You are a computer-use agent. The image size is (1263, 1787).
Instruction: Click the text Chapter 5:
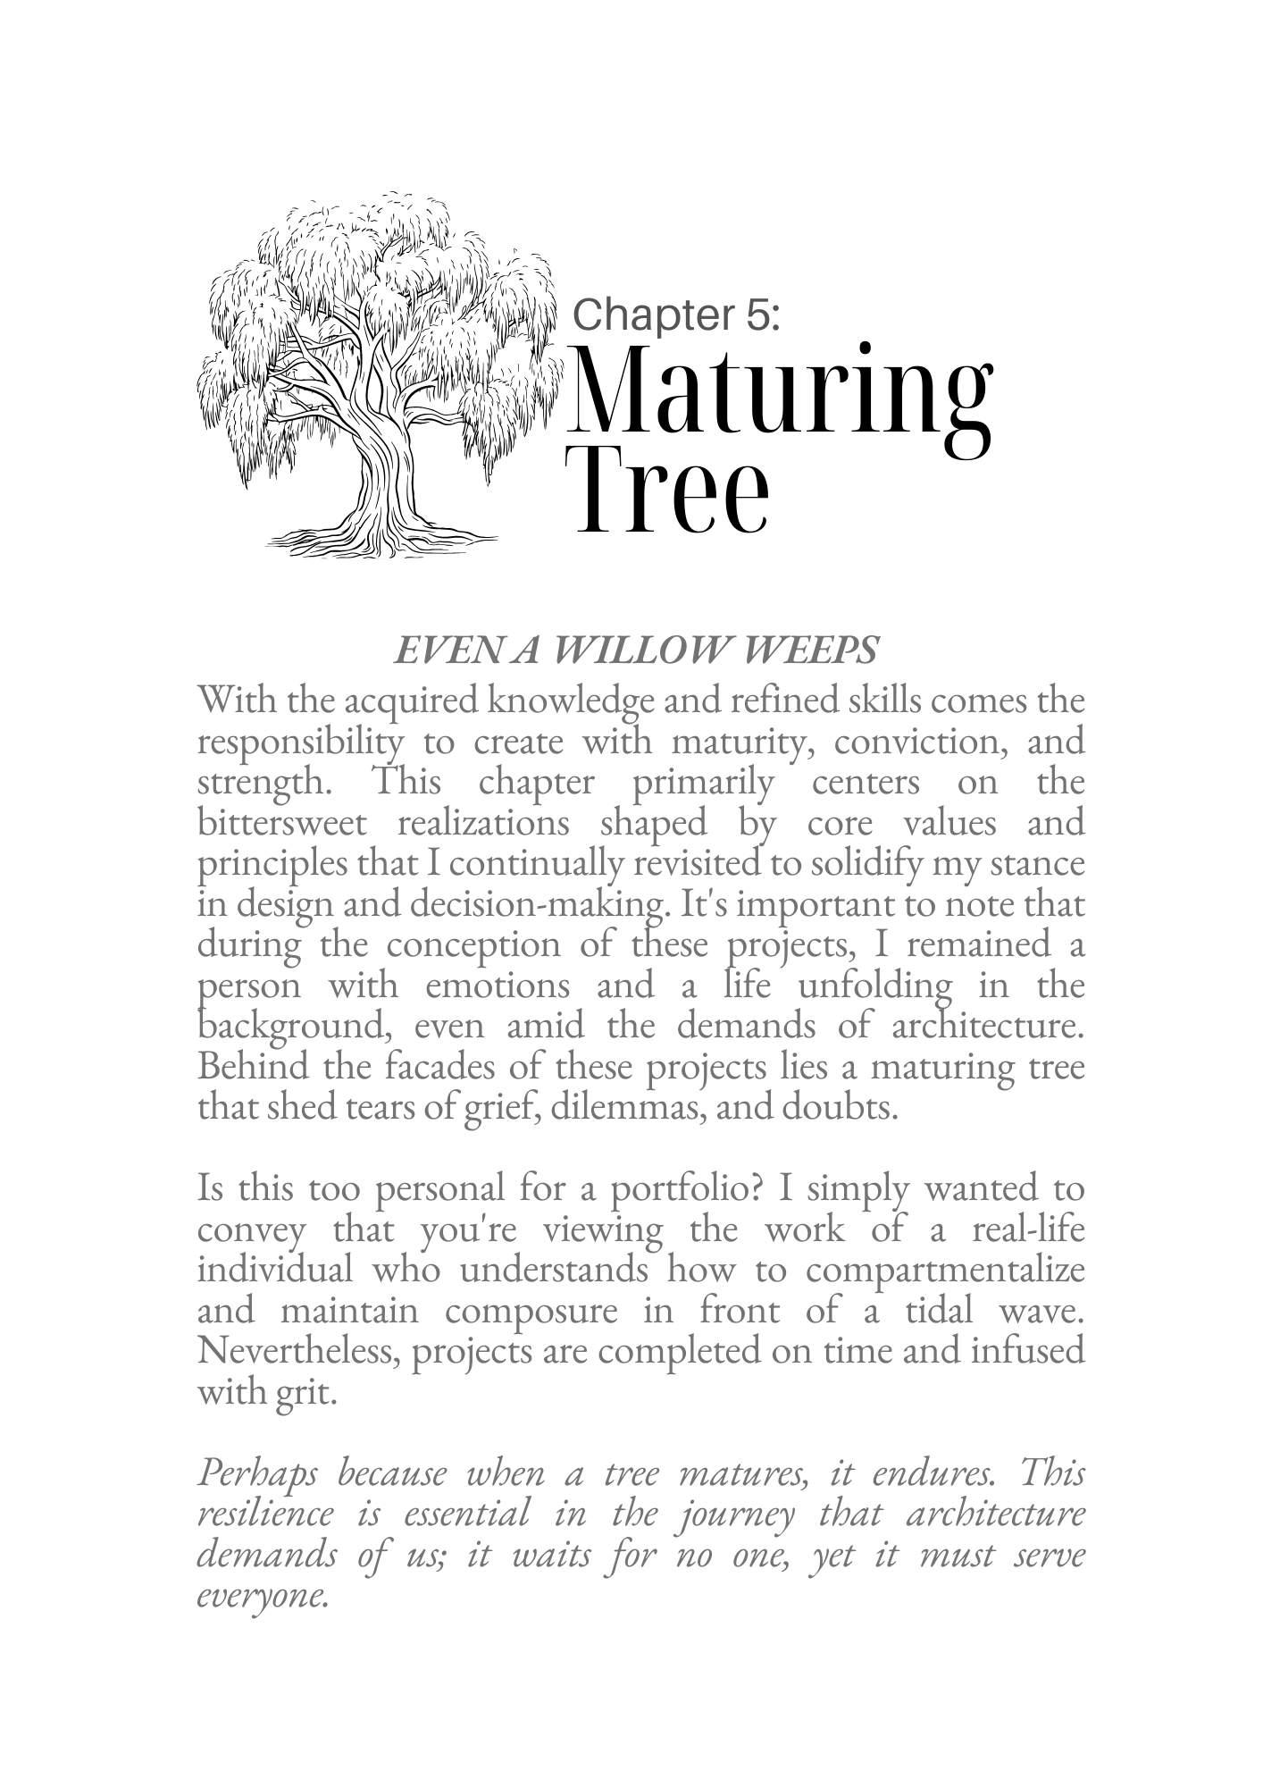(676, 315)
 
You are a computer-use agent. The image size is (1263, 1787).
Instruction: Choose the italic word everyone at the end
(261, 1595)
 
